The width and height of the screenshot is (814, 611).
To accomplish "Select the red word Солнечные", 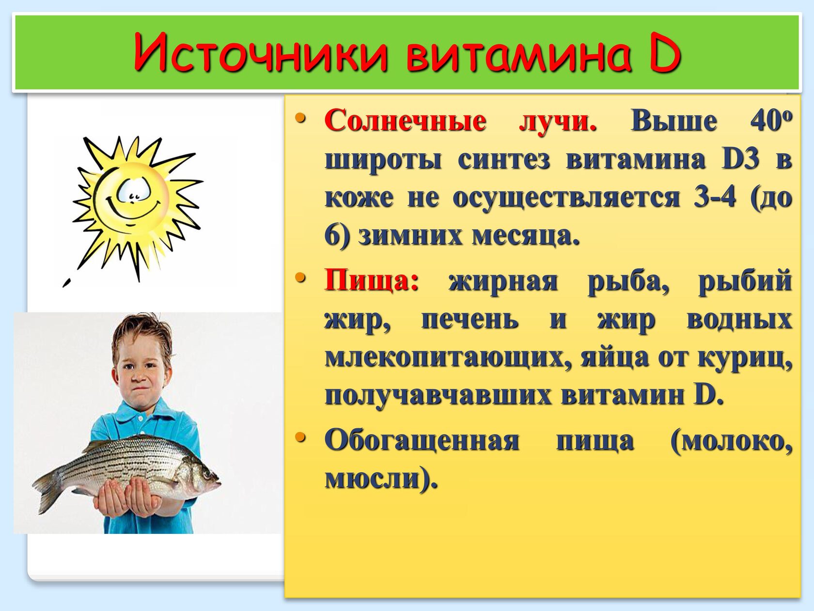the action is coord(406,121).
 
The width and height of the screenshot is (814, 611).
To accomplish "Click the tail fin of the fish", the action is coord(47,490).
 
